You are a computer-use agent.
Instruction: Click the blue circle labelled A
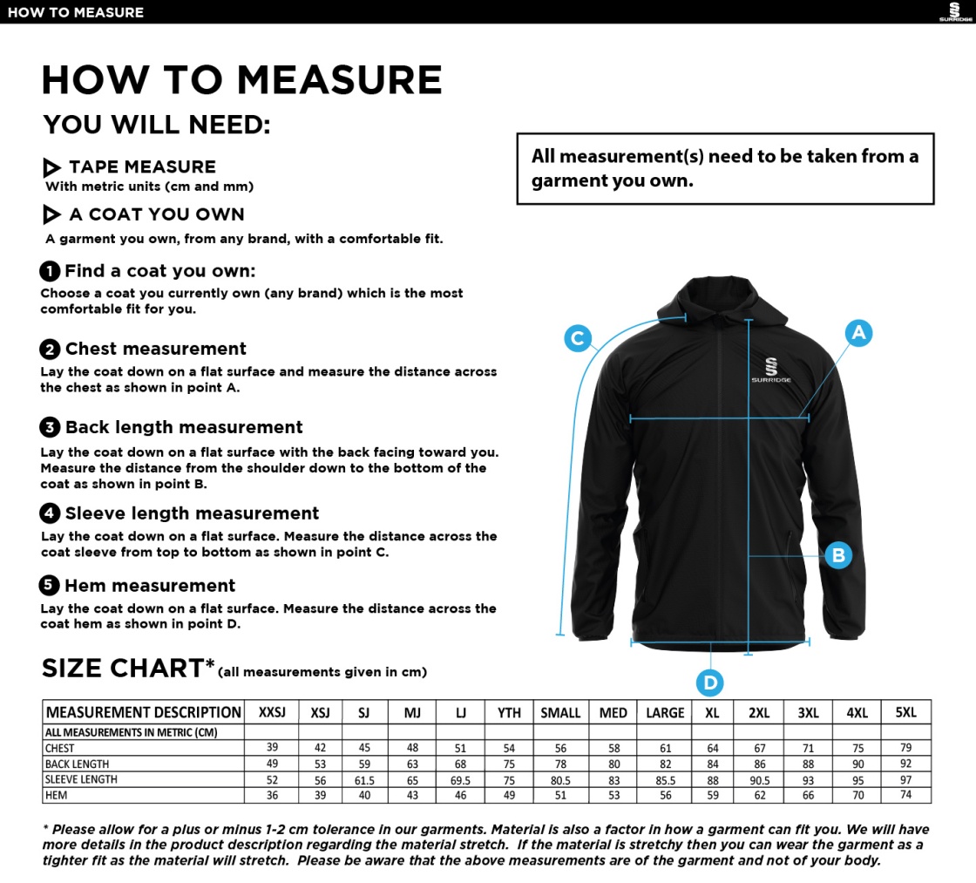pos(858,332)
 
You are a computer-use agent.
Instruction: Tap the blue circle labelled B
pos(837,554)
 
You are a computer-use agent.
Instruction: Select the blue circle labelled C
pos(578,337)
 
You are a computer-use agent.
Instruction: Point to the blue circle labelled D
pos(710,683)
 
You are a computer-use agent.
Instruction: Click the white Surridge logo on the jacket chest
pos(771,370)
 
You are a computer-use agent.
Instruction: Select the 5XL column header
pos(906,712)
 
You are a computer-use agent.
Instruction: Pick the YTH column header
pos(509,712)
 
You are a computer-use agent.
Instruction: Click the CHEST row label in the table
pos(60,748)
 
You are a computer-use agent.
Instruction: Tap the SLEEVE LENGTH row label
pos(81,779)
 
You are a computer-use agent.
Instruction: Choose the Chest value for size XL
pos(713,748)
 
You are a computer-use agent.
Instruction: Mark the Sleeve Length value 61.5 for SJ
pos(364,779)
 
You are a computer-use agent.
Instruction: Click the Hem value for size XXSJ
pos(272,795)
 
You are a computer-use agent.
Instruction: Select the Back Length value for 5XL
pos(906,764)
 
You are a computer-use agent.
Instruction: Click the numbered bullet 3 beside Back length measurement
pos(50,427)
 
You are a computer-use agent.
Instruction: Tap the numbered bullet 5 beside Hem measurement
pos(50,586)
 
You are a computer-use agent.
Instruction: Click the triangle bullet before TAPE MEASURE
pos(51,167)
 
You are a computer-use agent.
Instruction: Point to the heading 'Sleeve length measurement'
pos(192,513)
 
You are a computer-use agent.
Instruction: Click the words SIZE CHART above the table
pos(122,669)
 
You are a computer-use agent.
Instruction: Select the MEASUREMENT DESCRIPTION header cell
pos(143,712)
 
